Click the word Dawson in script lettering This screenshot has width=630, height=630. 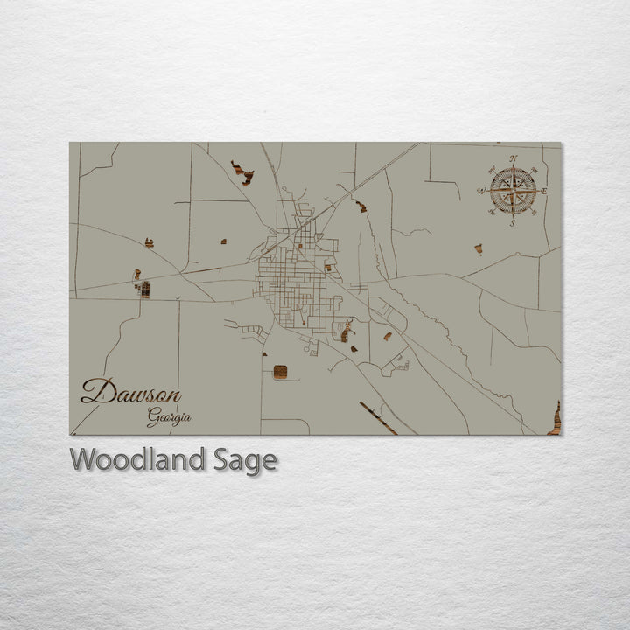(130, 392)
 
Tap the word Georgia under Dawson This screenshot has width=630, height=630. (169, 417)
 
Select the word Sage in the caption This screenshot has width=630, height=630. (245, 460)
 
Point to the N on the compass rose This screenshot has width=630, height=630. (513, 159)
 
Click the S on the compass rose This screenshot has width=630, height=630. (513, 222)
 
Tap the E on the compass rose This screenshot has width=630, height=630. (544, 191)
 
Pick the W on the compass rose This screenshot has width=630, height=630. (481, 191)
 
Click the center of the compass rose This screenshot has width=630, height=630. (513, 191)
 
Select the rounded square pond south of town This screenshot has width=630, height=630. (280, 372)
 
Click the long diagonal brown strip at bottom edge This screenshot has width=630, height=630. (377, 417)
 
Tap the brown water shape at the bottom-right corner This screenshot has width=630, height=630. (555, 420)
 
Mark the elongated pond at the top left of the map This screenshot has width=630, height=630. (242, 172)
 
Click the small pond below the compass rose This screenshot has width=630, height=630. (479, 249)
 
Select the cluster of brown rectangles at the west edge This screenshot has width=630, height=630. (143, 288)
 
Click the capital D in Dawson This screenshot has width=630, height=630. (94, 391)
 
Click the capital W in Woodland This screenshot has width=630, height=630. (84, 459)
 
